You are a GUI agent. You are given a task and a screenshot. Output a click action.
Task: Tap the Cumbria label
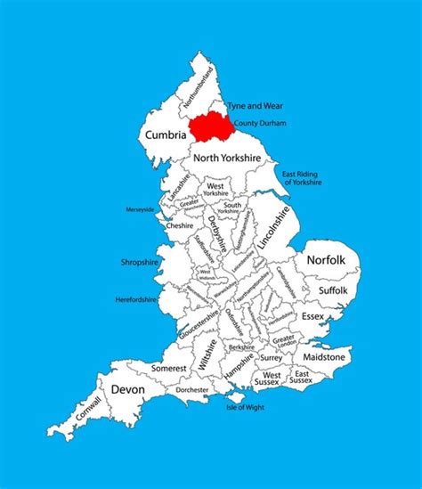click(x=165, y=135)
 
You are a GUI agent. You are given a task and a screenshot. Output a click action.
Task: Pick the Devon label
click(x=128, y=388)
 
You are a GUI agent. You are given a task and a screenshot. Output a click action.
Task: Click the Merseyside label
click(x=141, y=210)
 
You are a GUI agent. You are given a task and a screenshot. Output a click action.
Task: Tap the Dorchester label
click(x=191, y=390)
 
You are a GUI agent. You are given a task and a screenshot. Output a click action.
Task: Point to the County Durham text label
click(x=260, y=123)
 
